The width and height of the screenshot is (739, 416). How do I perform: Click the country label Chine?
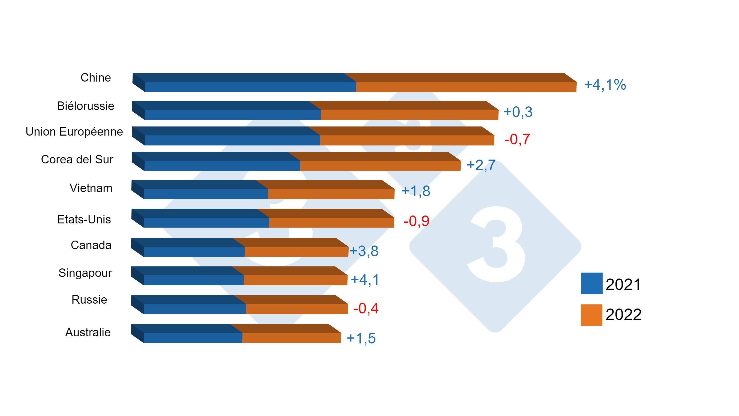(95, 78)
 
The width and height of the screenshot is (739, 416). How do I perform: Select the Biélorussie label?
(85, 106)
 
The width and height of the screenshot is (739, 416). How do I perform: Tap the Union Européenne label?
(74, 132)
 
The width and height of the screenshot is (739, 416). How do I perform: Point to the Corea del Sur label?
(77, 160)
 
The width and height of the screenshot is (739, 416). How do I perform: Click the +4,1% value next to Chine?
(605, 85)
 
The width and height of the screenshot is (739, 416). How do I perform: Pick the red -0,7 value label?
(517, 139)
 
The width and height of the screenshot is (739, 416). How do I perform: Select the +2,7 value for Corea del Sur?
(481, 165)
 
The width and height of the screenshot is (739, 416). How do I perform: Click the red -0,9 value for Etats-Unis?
(416, 221)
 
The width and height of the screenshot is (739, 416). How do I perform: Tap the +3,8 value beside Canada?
(364, 251)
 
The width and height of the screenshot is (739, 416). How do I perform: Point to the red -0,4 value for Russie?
(366, 309)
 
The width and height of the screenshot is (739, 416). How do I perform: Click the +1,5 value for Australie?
(361, 339)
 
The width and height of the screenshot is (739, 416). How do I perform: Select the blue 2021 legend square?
(591, 283)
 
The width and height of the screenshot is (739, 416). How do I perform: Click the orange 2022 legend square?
(591, 315)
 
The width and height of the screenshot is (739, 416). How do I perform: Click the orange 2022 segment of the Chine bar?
(466, 87)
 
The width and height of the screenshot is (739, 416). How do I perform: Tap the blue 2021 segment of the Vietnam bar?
(206, 194)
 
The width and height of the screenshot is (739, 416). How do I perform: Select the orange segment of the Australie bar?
(291, 338)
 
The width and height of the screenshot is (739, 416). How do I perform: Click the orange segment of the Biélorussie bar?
(409, 115)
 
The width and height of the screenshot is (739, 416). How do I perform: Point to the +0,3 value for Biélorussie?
(518, 112)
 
